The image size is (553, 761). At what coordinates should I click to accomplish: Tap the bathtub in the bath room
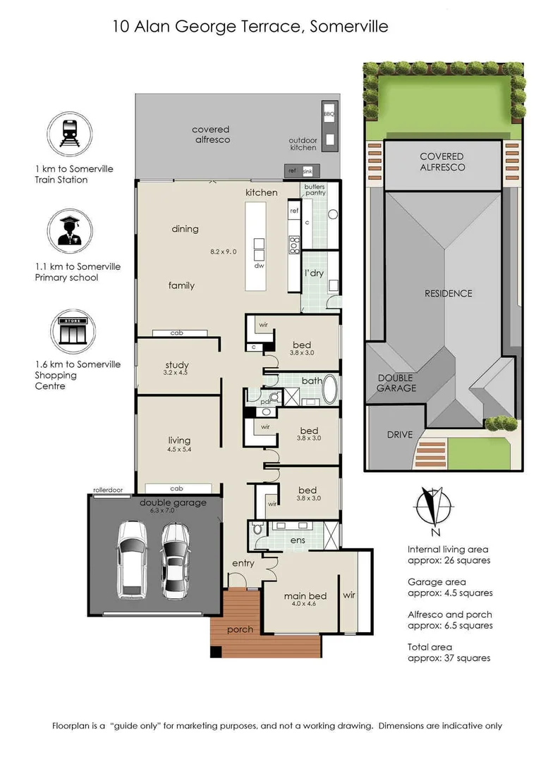[x=331, y=389]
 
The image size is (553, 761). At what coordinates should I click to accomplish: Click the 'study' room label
[x=177, y=365]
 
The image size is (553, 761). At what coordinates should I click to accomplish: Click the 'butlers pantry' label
[x=315, y=191]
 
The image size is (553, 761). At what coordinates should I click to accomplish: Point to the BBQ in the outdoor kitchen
[x=329, y=113]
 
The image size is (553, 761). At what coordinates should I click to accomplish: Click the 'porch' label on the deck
[x=241, y=629]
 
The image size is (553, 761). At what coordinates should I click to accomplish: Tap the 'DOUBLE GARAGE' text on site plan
[x=396, y=383]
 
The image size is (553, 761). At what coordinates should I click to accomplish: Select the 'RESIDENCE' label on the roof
[x=448, y=293]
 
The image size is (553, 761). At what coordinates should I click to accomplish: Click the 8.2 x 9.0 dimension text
[x=224, y=251]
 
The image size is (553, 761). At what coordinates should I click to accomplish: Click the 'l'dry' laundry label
[x=314, y=273]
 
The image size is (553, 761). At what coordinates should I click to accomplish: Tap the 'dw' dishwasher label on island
[x=259, y=266]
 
